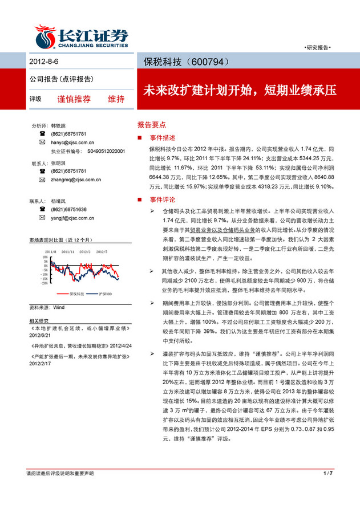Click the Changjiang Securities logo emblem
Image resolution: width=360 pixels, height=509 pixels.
44,35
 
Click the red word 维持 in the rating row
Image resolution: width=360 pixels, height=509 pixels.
116,99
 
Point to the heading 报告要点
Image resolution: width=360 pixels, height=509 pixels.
151,124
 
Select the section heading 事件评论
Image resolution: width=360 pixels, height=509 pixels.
161,200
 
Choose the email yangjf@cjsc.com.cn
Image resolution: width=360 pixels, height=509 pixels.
74,218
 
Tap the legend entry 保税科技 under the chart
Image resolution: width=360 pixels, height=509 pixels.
76,294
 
